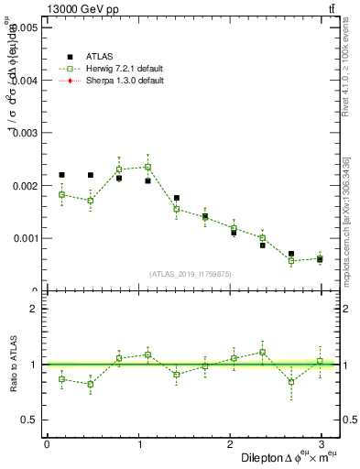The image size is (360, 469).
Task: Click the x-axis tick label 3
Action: (x=321, y=444)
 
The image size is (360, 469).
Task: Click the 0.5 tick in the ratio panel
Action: (x=30, y=420)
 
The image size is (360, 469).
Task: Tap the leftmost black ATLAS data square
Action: (x=61, y=175)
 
